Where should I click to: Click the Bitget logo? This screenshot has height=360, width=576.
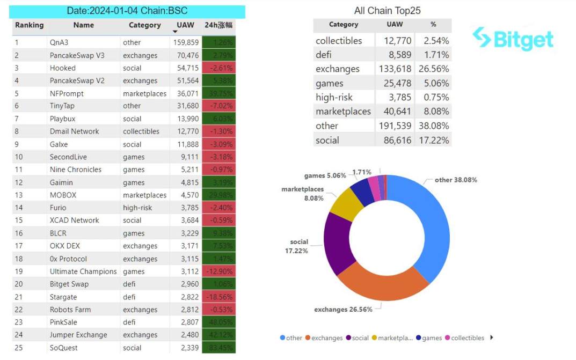(513, 38)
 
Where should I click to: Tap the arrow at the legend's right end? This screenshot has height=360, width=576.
(492, 337)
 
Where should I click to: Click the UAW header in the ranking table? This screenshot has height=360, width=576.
(186, 25)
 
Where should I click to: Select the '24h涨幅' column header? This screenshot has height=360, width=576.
(218, 25)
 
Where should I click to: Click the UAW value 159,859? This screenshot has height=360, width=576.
(186, 42)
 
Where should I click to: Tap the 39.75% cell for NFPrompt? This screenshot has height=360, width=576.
(218, 93)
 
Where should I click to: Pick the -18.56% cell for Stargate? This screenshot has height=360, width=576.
(218, 297)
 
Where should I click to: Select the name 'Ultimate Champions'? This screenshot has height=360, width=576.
(83, 271)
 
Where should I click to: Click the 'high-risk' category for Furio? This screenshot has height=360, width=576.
(137, 208)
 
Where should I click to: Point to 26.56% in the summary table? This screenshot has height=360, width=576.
(436, 69)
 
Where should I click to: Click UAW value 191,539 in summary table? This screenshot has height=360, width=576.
(393, 126)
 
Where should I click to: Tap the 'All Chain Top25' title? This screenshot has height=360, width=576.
(388, 11)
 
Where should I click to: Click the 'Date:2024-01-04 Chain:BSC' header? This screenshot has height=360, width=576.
(127, 11)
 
